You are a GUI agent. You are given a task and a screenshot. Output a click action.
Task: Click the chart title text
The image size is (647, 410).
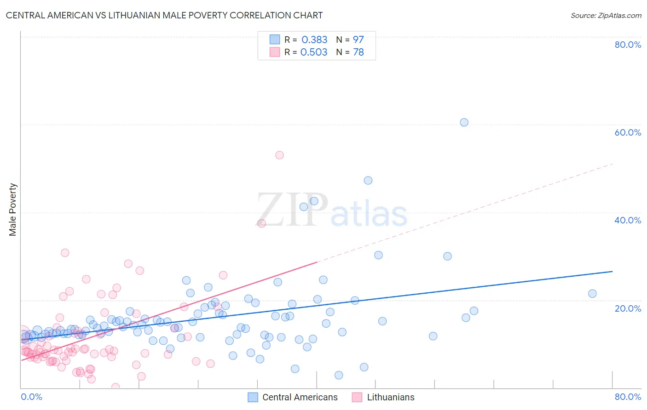click(164, 15)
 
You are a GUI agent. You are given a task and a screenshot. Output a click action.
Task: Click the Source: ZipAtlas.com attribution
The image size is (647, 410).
click(606, 15)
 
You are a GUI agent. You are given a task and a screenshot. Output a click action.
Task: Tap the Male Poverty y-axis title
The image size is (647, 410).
click(13, 210)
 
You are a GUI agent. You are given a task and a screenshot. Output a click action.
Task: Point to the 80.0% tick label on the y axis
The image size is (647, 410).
click(628, 45)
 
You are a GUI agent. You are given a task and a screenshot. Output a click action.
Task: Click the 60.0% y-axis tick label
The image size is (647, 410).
click(628, 132)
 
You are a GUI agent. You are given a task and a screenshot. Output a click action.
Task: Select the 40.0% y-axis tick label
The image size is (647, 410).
click(628, 220)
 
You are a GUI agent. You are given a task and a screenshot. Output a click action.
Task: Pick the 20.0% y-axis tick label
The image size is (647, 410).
click(628, 308)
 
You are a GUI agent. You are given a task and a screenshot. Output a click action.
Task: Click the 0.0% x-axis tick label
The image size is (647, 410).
click(31, 397)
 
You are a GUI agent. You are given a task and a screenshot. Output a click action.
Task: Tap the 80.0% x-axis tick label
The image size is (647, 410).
click(628, 397)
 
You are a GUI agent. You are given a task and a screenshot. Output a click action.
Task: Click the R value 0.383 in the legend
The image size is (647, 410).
click(314, 40)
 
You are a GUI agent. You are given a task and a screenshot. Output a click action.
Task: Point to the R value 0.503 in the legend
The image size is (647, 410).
click(314, 52)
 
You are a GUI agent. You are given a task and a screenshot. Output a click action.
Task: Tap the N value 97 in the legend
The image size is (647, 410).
click(358, 40)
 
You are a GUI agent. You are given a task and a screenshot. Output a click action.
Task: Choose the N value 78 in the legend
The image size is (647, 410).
click(358, 52)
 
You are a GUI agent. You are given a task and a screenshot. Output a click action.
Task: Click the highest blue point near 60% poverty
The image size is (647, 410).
click(464, 122)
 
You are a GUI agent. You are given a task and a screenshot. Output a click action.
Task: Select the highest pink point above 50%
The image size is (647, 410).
click(279, 155)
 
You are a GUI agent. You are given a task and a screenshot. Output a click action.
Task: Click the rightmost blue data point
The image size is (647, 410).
click(592, 294)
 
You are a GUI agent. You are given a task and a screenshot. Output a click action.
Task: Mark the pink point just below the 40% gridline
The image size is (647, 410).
click(262, 223)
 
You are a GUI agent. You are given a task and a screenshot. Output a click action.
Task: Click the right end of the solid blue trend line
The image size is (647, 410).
click(612, 272)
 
